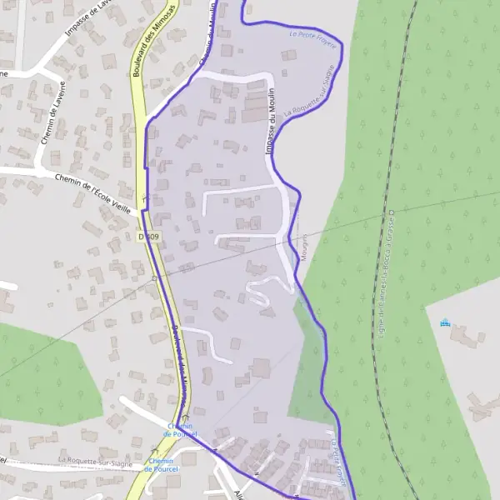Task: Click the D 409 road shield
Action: point(148,237)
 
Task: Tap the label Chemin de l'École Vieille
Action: point(89,189)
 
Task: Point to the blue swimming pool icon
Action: point(445,322)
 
